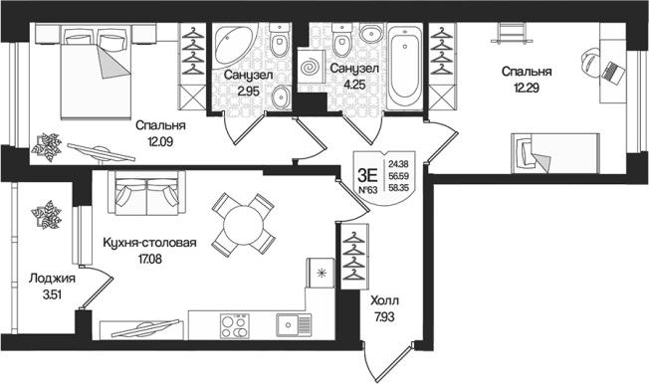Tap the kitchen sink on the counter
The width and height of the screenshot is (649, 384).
[x=294, y=325]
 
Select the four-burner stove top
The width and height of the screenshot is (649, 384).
[x=235, y=325]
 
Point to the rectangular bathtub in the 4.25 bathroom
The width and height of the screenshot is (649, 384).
[x=405, y=67]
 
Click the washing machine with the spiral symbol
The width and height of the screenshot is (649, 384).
[x=311, y=67]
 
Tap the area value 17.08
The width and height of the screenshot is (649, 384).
[x=150, y=260]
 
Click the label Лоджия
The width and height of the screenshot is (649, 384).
[x=52, y=279]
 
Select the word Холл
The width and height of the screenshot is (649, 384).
[x=385, y=300]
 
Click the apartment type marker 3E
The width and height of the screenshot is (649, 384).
[x=367, y=176]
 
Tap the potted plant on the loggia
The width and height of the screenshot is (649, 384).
[x=47, y=215]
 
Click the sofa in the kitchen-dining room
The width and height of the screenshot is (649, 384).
[x=146, y=192]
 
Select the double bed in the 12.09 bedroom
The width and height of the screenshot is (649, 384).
[x=96, y=72]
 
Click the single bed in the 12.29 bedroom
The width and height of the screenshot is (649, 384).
[x=555, y=153]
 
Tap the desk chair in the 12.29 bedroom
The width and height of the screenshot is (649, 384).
[x=591, y=62]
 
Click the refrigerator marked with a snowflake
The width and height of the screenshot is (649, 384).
[x=320, y=273]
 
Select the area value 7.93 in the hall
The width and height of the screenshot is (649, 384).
[x=384, y=317]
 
